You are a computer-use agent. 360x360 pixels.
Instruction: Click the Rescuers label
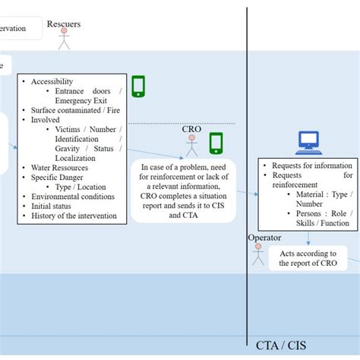click(64, 24)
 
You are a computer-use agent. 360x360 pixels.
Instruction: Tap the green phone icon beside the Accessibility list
click(137, 86)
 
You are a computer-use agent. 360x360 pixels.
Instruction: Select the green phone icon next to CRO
click(216, 143)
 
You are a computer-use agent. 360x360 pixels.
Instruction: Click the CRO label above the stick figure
click(191, 129)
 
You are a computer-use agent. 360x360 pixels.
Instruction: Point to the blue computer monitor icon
click(308, 142)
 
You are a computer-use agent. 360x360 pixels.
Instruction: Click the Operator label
click(264, 238)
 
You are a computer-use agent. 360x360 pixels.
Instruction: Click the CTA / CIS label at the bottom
click(281, 346)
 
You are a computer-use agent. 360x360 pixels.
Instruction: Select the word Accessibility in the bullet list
click(52, 82)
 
